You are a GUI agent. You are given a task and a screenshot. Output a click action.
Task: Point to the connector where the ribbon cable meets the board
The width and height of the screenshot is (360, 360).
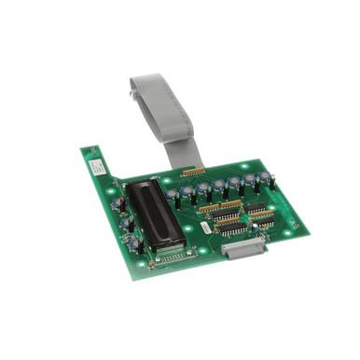[x=193, y=172]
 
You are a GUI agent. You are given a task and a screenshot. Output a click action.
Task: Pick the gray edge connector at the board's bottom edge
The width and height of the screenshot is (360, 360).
[x=244, y=246]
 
